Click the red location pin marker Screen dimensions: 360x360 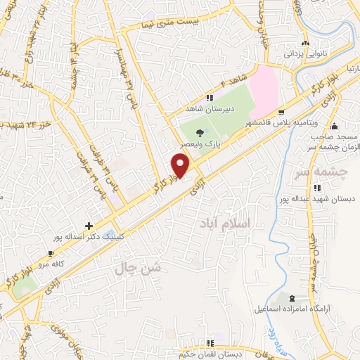pyautogui.click(x=181, y=165)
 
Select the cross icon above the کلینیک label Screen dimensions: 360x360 pyautogui.click(x=89, y=226)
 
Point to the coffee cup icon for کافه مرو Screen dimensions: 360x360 pyautogui.click(x=51, y=253)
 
